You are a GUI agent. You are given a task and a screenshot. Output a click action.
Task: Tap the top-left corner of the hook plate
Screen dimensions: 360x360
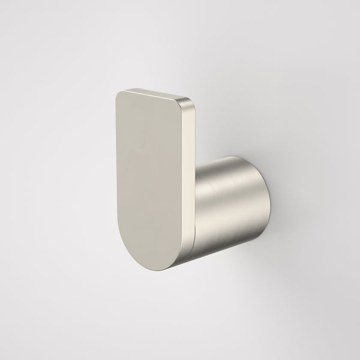coord(118,94)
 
